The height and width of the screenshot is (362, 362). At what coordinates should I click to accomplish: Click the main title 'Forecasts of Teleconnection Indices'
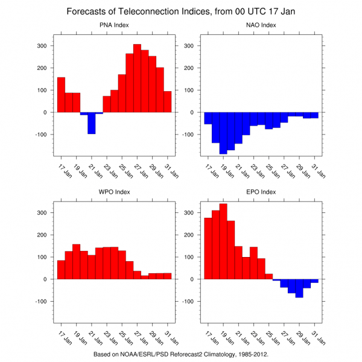click(181, 11)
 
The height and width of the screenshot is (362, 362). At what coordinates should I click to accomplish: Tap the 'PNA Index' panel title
click(114, 25)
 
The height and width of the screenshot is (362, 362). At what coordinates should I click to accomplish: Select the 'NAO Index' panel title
click(261, 25)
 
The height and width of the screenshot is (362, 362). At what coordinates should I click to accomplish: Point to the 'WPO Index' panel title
click(114, 192)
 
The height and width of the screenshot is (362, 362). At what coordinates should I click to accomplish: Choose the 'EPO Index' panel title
click(261, 192)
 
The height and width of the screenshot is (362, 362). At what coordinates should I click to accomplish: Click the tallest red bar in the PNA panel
click(137, 78)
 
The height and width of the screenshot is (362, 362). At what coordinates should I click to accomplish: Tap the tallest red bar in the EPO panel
click(223, 241)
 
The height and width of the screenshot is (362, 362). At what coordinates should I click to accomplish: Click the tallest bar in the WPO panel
click(76, 262)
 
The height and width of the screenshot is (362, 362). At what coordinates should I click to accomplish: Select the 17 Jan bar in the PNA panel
click(61, 95)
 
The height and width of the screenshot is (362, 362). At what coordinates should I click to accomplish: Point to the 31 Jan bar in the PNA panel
click(168, 102)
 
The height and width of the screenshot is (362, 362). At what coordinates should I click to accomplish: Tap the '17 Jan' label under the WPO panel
click(63, 337)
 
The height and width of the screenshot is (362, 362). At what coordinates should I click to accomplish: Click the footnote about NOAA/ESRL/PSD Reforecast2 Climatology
click(181, 354)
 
